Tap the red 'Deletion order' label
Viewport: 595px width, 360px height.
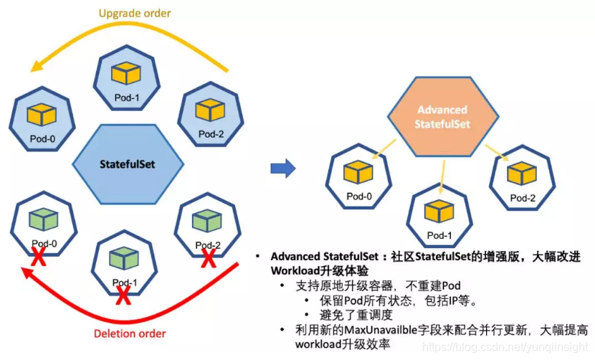[x=130, y=333]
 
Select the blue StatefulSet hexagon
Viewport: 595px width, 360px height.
[x=128, y=164]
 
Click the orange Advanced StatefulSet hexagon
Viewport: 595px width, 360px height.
[x=442, y=117]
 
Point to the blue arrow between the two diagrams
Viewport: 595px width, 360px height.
[x=282, y=169]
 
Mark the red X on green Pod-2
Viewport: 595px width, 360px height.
[x=209, y=256]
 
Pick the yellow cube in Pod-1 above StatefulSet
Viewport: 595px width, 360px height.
[x=128, y=73]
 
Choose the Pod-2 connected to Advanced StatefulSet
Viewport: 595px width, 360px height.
[x=522, y=180]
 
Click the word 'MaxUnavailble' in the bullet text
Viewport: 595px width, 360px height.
[x=384, y=329]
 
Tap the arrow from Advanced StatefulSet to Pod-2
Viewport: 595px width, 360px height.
[x=496, y=153]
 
